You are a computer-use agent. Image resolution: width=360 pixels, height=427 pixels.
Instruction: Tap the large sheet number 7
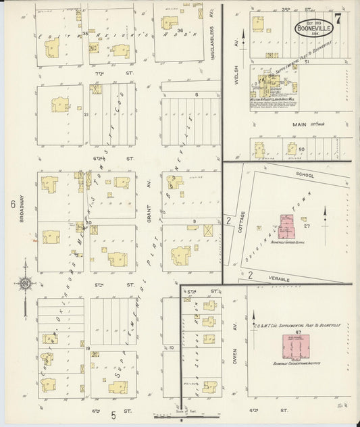[x=338, y=18]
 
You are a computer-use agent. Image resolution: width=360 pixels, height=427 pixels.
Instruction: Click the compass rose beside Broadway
[x=25, y=284]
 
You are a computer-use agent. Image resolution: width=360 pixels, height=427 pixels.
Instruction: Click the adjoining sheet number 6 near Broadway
[x=12, y=203]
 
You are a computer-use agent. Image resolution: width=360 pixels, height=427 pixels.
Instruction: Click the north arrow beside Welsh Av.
[x=242, y=41]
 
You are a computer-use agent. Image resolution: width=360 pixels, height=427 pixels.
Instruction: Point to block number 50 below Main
[x=301, y=149]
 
